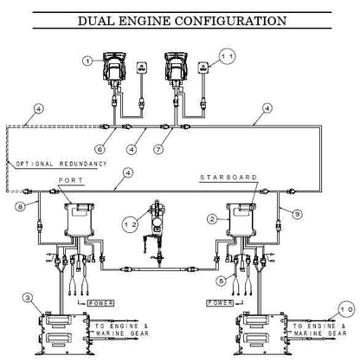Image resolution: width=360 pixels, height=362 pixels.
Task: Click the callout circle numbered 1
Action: tap(87, 61)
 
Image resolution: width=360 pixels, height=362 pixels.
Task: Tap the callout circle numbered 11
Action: tap(227, 56)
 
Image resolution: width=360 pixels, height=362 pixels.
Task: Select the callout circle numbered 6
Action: tap(100, 149)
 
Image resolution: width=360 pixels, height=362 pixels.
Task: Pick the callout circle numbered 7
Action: tap(158, 149)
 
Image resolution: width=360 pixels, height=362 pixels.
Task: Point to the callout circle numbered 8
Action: tap(20, 206)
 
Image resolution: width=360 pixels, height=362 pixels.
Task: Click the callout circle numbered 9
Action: tap(297, 214)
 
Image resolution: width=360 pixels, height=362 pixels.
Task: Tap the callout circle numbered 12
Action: tap(131, 224)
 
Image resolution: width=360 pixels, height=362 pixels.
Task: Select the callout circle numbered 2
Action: tap(212, 219)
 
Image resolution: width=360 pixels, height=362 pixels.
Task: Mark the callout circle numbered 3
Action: tap(28, 298)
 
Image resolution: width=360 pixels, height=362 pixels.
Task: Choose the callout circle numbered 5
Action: tap(222, 281)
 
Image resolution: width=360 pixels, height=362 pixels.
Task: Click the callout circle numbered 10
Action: tap(346, 309)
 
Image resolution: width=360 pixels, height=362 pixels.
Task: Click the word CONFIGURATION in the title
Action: tap(230, 21)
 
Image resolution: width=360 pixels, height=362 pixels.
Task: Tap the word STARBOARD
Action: tap(228, 178)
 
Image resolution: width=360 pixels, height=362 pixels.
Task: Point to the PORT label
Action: tap(71, 180)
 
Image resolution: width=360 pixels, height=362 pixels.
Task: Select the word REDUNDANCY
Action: tap(83, 164)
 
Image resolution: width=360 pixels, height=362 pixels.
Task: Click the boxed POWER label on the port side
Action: tap(100, 303)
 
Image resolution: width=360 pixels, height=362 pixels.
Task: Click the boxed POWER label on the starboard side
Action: tap(220, 303)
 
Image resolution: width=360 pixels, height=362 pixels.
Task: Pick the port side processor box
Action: tap(80, 218)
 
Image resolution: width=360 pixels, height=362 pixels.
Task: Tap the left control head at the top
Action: tap(114, 67)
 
